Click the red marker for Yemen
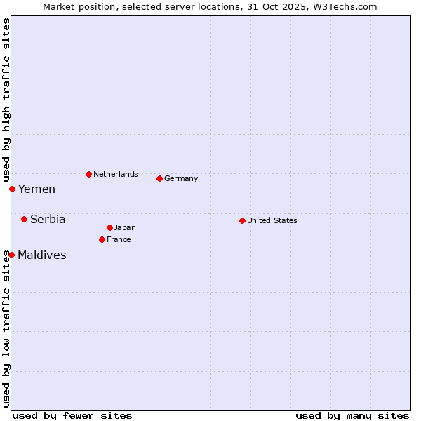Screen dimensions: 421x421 tap(12, 189)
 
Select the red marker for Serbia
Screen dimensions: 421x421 tap(24, 219)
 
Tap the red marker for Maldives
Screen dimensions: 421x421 tap(11, 255)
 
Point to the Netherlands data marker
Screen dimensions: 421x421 tap(88, 174)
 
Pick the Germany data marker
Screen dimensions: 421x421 tap(159, 178)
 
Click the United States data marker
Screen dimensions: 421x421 tap(242, 220)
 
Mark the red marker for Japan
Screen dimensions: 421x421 tap(109, 227)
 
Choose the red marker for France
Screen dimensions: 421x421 tap(102, 239)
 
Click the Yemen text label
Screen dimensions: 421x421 tap(36, 189)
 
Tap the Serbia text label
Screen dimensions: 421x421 tap(48, 220)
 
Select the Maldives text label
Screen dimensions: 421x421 tap(42, 255)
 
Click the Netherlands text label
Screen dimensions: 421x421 tap(116, 174)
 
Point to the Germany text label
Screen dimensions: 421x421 tap(181, 178)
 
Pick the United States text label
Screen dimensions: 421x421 tap(272, 220)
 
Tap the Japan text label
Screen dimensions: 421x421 tap(125, 227)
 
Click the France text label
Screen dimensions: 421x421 tap(119, 239)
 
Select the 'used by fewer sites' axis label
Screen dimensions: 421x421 tap(72, 415)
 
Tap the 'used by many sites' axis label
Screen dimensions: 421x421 tap(352, 415)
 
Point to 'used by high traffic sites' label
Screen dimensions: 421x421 tap(6, 101)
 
